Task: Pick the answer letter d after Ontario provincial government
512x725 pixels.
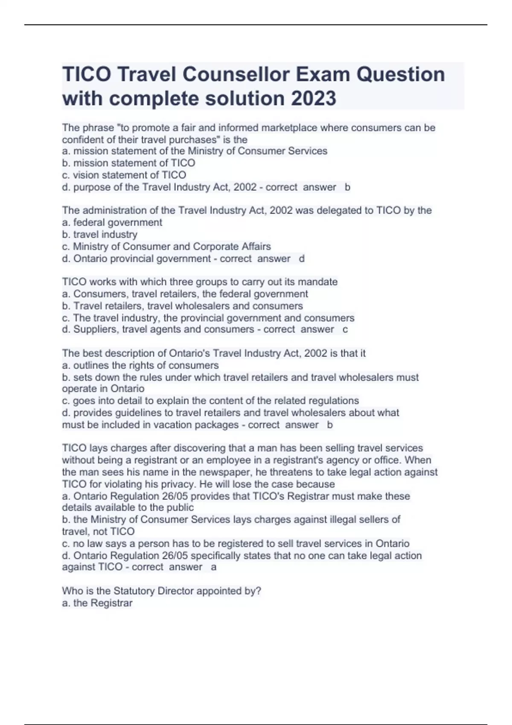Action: coord(302,258)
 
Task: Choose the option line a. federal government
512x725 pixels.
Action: coord(112,222)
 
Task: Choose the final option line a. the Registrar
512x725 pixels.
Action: coord(97,603)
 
